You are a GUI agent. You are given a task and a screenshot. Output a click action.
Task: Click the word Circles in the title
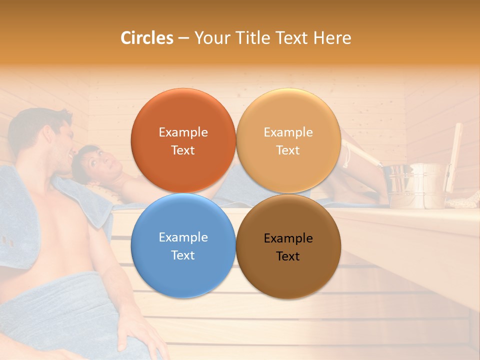[x=146, y=38]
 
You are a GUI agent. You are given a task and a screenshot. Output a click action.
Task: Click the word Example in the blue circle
[x=183, y=237]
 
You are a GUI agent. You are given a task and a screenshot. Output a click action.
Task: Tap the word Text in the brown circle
[x=288, y=256]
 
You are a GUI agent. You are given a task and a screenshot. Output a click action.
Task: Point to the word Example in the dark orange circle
[x=183, y=132]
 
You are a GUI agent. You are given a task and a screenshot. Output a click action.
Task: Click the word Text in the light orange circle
[x=288, y=150]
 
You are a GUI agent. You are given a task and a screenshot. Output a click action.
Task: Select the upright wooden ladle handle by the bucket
[x=455, y=155]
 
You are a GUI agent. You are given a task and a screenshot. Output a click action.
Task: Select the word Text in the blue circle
[x=183, y=255]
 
